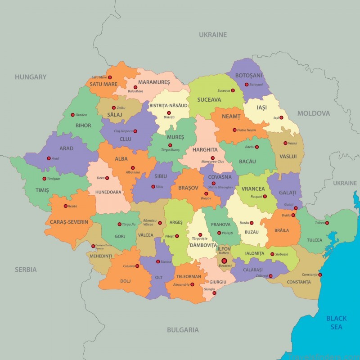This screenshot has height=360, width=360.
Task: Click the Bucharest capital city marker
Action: coord(224,261)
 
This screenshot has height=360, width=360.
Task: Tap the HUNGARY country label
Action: coord(31,77)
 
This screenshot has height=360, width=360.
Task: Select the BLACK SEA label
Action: coord(337,323)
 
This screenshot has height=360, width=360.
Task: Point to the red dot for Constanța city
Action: coord(320,274)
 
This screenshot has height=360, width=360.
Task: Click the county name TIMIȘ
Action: coord(42,190)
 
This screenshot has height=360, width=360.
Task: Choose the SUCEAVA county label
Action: coord(209,99)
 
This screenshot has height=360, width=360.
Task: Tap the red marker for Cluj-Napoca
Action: coord(135,131)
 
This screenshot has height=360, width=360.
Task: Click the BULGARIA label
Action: coord(183,330)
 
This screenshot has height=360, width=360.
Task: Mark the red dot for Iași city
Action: coord(281,118)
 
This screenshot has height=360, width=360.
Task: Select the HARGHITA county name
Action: coord(205,149)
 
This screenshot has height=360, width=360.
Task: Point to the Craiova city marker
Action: coord(137,266)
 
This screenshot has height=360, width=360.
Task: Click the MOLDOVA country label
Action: coord(314,113)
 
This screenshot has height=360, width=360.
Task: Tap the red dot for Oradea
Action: coord(72,115)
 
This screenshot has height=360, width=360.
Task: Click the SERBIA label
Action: coord(25,270)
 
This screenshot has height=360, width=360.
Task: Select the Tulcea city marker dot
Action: coord(327,223)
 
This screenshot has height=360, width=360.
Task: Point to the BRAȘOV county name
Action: coord(188,188)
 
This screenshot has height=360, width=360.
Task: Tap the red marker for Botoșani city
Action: coord(247,85)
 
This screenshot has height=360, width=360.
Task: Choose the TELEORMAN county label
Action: coord(189,276)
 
